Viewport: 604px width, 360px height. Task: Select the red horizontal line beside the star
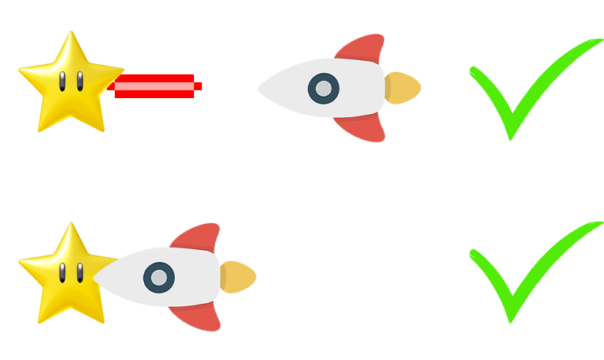point(158,86)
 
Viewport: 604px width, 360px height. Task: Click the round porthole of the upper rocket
point(322,89)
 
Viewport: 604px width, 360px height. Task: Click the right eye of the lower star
point(79,271)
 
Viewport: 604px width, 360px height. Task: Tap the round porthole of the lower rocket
point(158,278)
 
